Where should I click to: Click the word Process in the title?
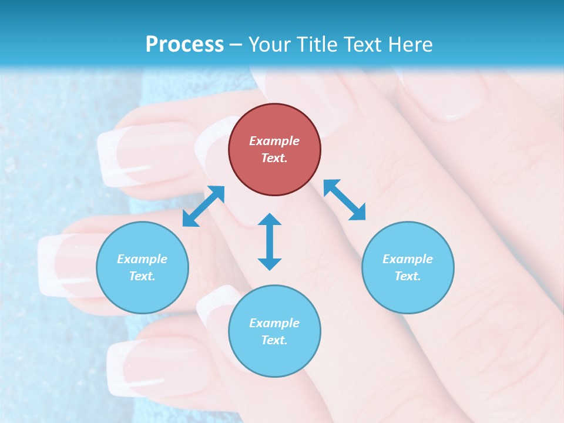184,44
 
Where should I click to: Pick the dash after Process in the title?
236,45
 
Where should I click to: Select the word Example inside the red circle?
274,141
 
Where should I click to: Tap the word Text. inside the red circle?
274,158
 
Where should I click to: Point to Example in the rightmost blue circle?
408,259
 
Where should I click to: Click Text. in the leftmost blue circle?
142,276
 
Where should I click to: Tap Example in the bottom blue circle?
274,323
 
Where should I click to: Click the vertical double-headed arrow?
270,241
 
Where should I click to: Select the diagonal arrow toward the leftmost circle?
203,206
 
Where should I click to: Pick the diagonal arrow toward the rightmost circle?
345,200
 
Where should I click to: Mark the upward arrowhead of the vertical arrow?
270,219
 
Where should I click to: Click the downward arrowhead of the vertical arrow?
270,264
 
